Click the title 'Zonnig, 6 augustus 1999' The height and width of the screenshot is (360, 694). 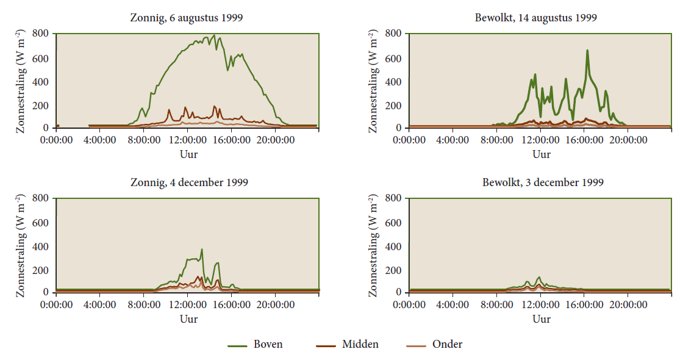point(187,17)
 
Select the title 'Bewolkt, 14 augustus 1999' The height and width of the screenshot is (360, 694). point(535,17)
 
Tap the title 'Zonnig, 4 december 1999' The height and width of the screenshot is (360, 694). point(189,182)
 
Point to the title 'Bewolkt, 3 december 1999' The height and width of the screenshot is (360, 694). point(543,182)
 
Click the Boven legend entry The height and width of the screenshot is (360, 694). point(256,345)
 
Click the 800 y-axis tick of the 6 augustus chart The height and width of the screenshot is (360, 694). point(40,34)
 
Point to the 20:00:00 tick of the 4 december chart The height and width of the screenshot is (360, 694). point(275,304)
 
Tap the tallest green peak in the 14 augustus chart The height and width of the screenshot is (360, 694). point(587,51)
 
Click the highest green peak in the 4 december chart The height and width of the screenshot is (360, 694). point(202,249)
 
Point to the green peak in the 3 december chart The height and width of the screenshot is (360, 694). point(539,277)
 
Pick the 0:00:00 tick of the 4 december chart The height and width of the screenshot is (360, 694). point(57,304)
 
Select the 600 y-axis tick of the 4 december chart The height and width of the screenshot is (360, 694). point(40,222)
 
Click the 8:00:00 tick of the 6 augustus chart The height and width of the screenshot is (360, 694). point(144,140)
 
